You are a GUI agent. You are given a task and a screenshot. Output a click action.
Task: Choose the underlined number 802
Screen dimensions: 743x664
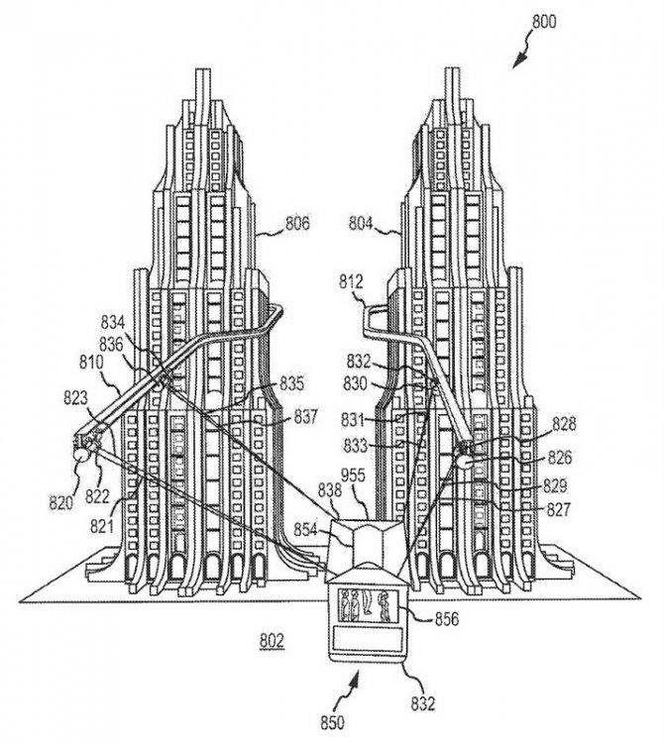pos(270,640)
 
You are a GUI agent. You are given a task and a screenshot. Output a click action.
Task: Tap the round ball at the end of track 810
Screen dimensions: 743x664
pos(80,455)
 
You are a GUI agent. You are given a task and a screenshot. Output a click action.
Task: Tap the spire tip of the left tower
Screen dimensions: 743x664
pos(204,71)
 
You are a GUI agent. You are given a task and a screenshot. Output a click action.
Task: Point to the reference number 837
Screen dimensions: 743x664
pos(305,418)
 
